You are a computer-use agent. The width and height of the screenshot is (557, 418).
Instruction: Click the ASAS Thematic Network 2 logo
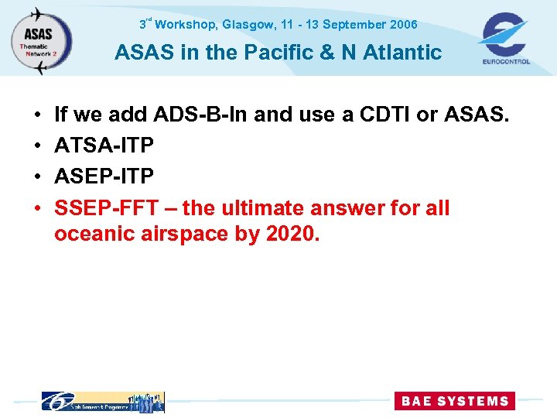point(41,39)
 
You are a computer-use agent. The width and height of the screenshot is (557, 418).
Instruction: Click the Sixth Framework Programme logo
point(102,402)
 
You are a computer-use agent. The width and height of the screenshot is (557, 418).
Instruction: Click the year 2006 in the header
point(403,25)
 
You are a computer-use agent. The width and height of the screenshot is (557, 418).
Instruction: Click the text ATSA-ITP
point(104,146)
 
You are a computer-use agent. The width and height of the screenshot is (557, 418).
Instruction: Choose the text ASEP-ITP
point(104,176)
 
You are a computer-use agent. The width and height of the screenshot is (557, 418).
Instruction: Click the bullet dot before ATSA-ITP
point(38,146)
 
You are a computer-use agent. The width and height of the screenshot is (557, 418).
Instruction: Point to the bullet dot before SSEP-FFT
point(38,208)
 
